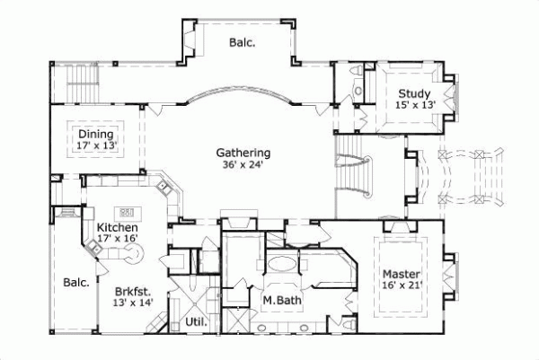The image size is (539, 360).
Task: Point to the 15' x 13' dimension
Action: tap(414, 105)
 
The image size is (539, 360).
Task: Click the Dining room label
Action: tap(95, 135)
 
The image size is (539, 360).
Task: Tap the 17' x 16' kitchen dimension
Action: tap(116, 240)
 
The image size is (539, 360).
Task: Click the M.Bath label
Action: tap(280, 299)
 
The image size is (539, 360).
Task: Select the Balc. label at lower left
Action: tap(76, 283)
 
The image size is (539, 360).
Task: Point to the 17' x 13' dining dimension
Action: tap(95, 145)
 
